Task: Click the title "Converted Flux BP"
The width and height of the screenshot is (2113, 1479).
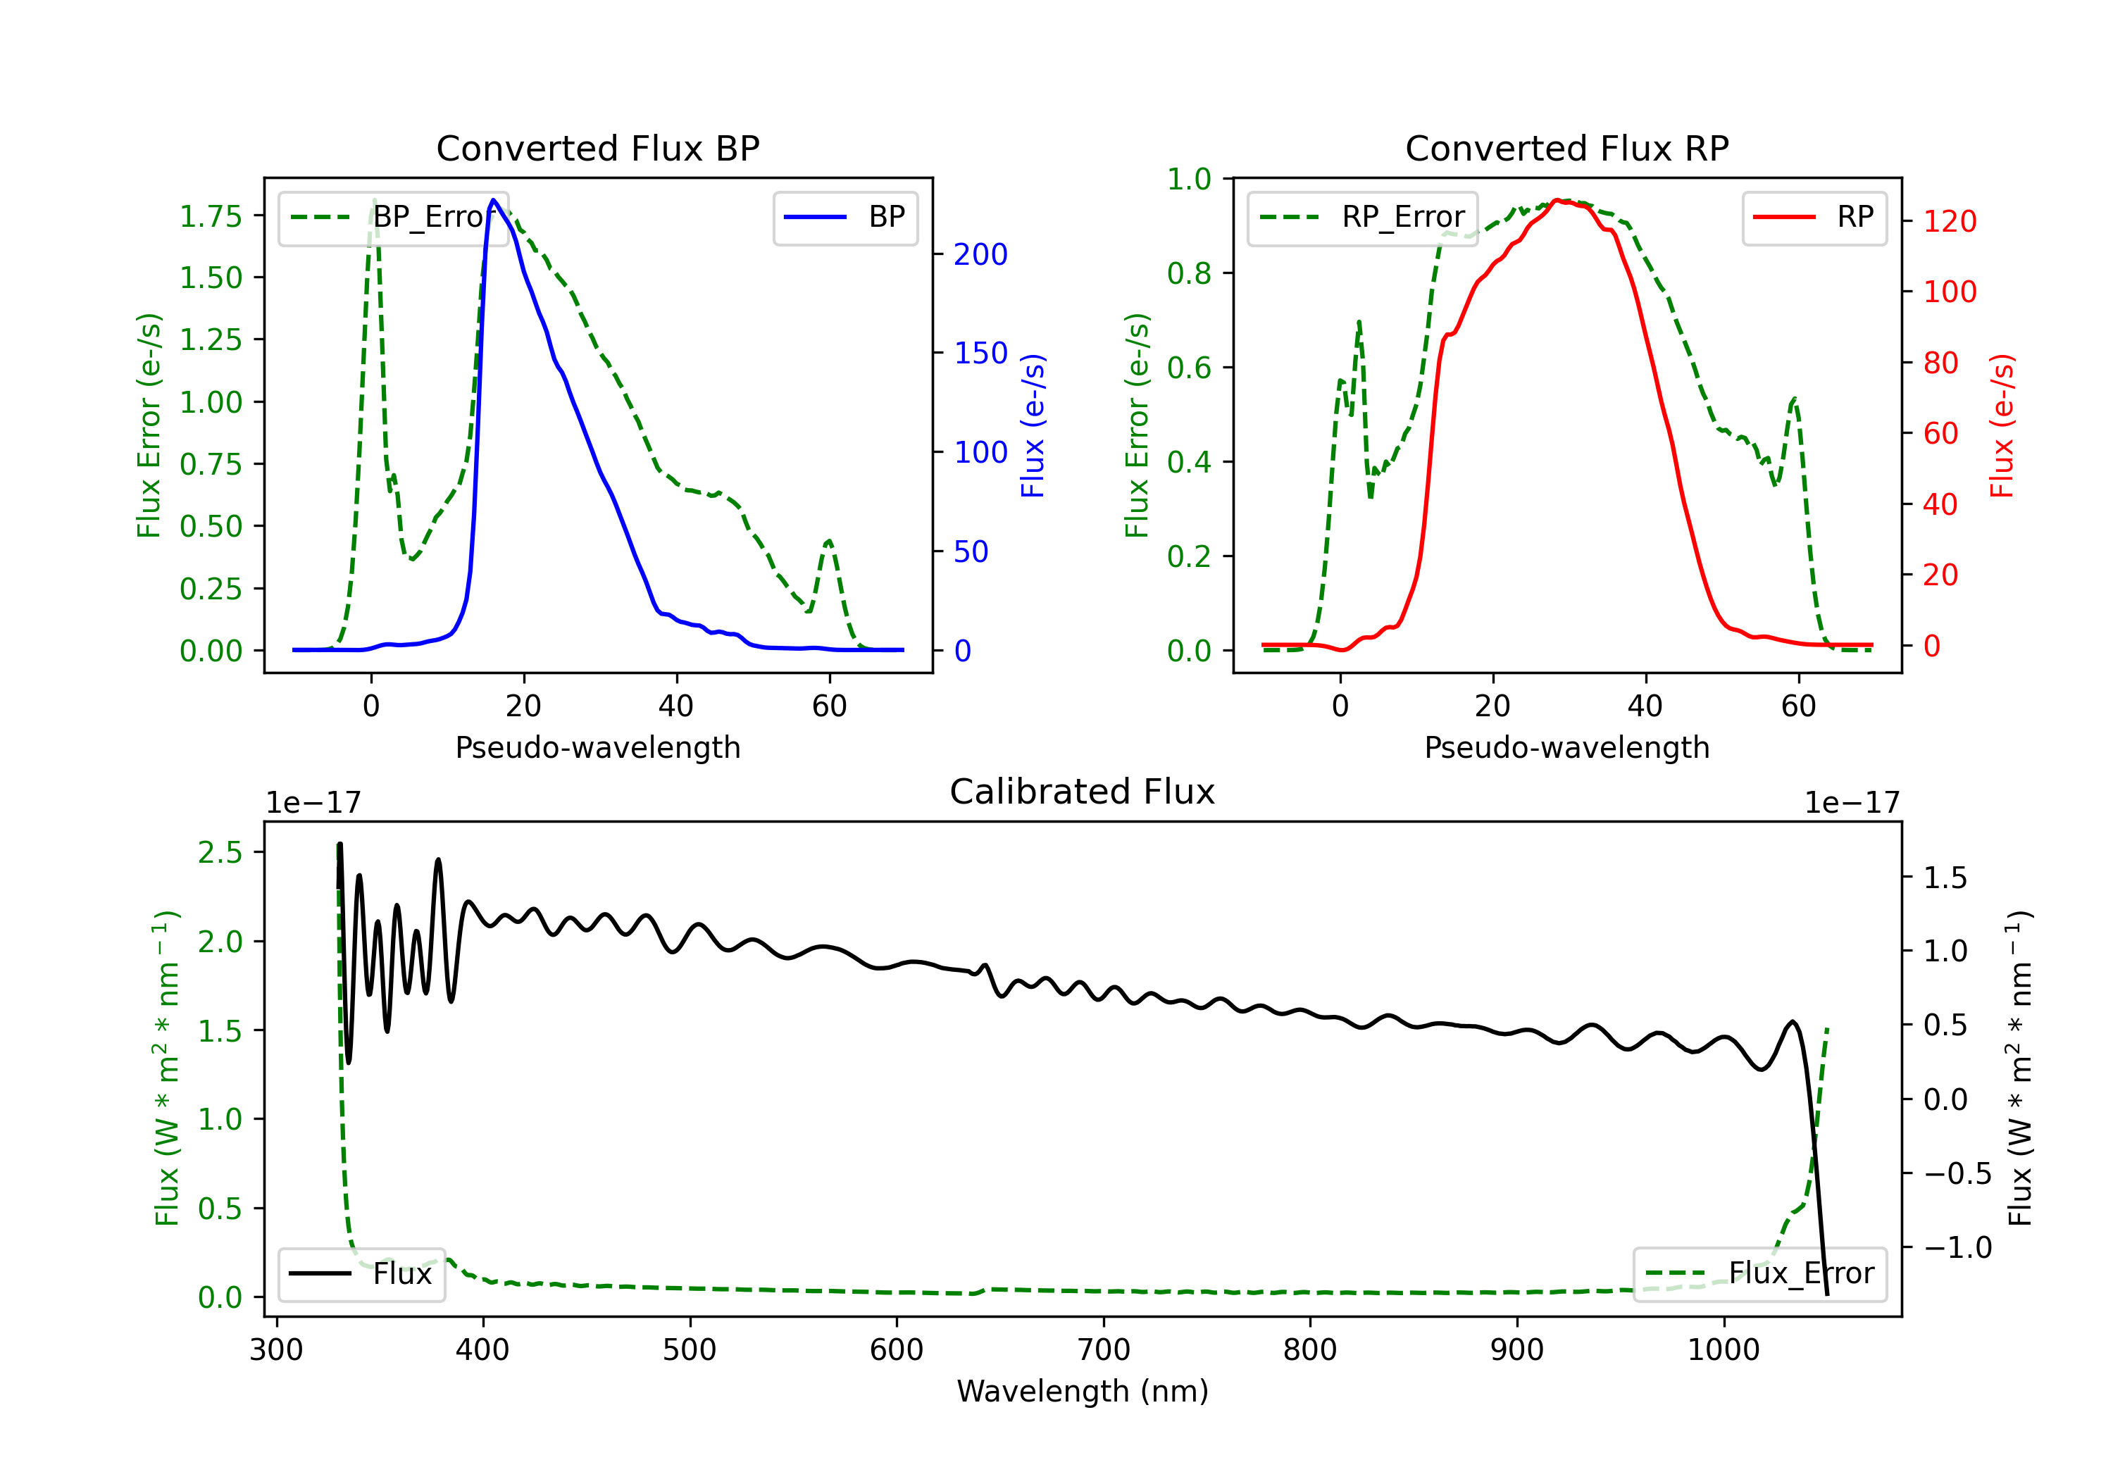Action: (x=597, y=148)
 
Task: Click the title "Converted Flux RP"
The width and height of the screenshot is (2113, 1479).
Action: (x=1566, y=148)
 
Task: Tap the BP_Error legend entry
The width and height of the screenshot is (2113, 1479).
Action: (x=393, y=217)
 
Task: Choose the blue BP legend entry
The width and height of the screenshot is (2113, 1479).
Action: (x=844, y=217)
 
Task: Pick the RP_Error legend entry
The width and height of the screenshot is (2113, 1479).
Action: (x=1362, y=217)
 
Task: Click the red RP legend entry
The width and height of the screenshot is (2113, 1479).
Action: (x=1814, y=217)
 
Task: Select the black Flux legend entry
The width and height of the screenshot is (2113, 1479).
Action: (x=361, y=1274)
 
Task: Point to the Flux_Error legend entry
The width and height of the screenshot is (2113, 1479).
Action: (x=1759, y=1274)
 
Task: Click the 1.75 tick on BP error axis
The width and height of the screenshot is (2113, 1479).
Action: (x=211, y=216)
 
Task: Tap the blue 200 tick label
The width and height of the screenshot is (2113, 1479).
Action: (x=980, y=254)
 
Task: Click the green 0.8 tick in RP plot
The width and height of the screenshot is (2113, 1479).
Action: (x=1188, y=273)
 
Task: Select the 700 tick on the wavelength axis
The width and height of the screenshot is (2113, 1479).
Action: (x=1104, y=1350)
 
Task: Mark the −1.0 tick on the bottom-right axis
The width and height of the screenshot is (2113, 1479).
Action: (x=1957, y=1248)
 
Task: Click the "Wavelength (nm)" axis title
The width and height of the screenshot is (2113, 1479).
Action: (x=1083, y=1392)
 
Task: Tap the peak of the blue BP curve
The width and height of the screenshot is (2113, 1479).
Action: (x=493, y=200)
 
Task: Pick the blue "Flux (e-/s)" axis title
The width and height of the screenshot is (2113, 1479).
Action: (x=1033, y=426)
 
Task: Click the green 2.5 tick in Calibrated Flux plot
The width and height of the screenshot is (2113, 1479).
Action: (x=220, y=852)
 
